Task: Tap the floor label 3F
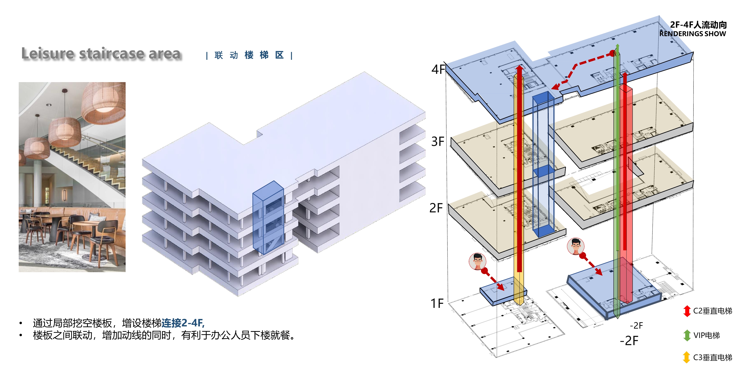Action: tap(438, 141)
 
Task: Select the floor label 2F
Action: tap(436, 208)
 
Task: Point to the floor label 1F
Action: tap(437, 303)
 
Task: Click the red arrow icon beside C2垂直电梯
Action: tap(687, 311)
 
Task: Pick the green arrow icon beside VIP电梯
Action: tap(687, 335)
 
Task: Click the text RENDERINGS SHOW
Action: tap(692, 34)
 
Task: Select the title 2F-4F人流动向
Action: tap(698, 25)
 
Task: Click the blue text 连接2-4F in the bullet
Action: tap(183, 323)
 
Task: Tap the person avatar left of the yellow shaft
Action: tap(477, 261)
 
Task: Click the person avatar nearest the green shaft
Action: tap(575, 246)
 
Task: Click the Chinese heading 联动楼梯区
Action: tap(249, 55)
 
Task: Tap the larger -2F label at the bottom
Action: tap(629, 341)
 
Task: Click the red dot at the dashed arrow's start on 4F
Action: tap(612, 53)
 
